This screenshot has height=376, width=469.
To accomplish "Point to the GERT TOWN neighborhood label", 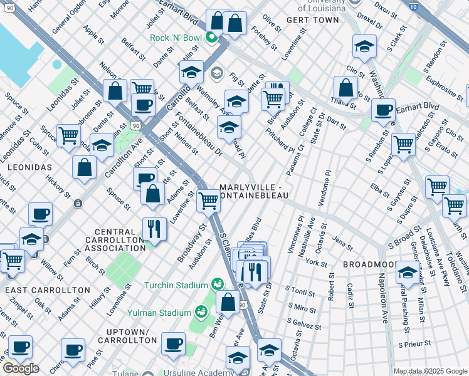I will (308, 20).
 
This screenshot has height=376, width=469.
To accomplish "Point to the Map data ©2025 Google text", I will (430, 371).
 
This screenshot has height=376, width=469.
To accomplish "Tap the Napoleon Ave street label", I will (381, 303).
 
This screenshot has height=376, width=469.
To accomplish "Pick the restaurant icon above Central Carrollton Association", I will (154, 229).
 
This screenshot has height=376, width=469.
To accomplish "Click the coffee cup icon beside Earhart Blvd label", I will (383, 110).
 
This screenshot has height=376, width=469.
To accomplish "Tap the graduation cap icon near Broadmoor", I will (408, 273).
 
